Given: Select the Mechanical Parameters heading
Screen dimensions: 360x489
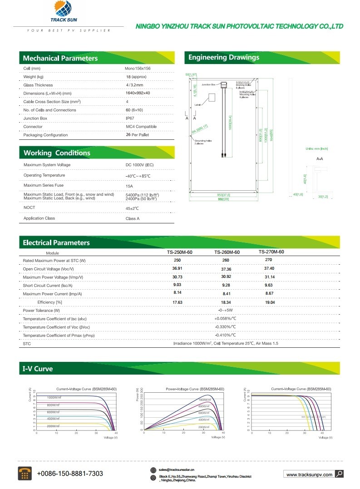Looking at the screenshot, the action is click(x=60, y=58).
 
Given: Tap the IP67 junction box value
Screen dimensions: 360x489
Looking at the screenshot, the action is click(x=131, y=118).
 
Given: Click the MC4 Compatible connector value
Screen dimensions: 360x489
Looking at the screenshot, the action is click(x=141, y=127).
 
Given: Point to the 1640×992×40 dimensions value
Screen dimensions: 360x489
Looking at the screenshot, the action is click(x=138, y=93).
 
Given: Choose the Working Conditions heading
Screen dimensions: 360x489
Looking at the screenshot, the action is click(x=57, y=153).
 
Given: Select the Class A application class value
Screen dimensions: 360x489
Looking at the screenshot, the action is click(x=133, y=218).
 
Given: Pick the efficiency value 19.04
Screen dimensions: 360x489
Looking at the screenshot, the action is click(x=270, y=302).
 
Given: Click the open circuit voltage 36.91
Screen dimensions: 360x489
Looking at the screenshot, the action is click(x=177, y=268).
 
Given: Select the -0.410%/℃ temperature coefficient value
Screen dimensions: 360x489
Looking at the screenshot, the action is click(x=226, y=335).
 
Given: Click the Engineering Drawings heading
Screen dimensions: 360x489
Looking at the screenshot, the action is click(x=223, y=58).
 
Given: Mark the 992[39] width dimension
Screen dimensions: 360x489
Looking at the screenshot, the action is click(x=223, y=199).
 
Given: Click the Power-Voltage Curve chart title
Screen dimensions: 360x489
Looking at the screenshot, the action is click(x=195, y=389).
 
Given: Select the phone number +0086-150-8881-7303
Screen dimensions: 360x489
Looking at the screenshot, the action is click(x=69, y=474).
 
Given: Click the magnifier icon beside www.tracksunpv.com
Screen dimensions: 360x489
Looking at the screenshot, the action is click(x=339, y=474).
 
